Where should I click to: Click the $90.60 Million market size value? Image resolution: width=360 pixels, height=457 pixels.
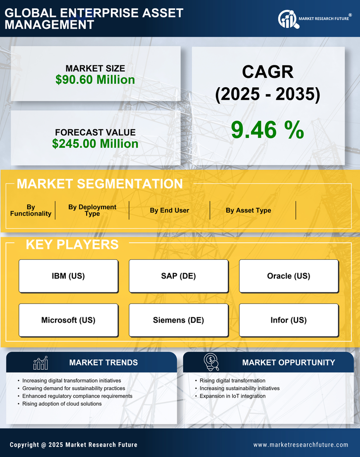tap(95, 80)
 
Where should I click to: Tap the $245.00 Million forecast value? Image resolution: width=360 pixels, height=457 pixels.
tap(95, 144)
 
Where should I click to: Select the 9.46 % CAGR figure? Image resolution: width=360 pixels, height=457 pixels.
tap(267, 130)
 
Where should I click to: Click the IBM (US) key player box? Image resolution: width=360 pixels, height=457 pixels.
tap(68, 276)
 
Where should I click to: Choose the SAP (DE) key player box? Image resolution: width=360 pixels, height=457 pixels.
tap(178, 276)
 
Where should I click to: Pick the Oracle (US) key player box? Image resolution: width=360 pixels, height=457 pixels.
tap(289, 276)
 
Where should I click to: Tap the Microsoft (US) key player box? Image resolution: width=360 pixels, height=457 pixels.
tap(68, 320)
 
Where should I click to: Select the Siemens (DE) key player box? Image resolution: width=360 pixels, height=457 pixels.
tap(178, 320)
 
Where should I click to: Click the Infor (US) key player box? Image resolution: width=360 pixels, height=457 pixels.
tap(289, 320)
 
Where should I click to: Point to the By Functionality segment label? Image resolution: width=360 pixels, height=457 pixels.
tap(31, 210)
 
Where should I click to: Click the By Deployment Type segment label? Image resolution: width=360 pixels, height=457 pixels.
tap(92, 210)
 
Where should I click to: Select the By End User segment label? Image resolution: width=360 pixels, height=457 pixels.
tap(169, 210)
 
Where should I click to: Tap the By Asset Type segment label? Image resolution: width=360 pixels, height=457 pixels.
tap(248, 210)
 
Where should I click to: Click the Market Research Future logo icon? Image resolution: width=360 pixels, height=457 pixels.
tap(287, 19)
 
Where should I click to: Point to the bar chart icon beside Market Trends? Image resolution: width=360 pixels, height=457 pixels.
tap(41, 363)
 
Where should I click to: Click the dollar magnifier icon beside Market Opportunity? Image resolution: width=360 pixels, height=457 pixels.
tap(211, 362)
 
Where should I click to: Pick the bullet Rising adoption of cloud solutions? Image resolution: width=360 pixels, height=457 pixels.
tap(62, 404)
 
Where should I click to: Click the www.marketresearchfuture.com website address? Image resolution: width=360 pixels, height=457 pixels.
tap(301, 445)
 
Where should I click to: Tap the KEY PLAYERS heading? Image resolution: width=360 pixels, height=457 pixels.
tap(72, 244)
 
